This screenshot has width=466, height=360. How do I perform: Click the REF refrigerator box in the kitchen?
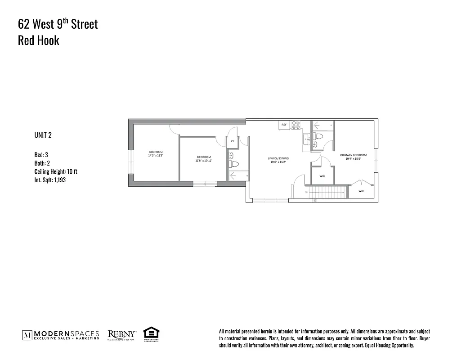click(284, 125)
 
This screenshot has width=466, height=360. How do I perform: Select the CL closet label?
click(233, 141)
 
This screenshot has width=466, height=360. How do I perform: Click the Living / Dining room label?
click(278, 158)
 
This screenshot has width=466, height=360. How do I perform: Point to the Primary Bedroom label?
click(353, 155)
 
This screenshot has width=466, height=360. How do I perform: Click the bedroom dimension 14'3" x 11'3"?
click(155, 155)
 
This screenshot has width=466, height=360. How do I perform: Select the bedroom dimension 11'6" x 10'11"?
click(203, 161)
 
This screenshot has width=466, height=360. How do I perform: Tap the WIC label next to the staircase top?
click(322, 176)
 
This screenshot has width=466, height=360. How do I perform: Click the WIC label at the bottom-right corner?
click(361, 191)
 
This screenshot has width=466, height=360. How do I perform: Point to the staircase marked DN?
click(327, 193)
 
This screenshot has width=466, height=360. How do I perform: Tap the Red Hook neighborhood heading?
click(38, 40)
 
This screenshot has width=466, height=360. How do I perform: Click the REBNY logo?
click(122, 334)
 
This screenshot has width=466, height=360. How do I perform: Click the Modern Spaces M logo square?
click(27, 335)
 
